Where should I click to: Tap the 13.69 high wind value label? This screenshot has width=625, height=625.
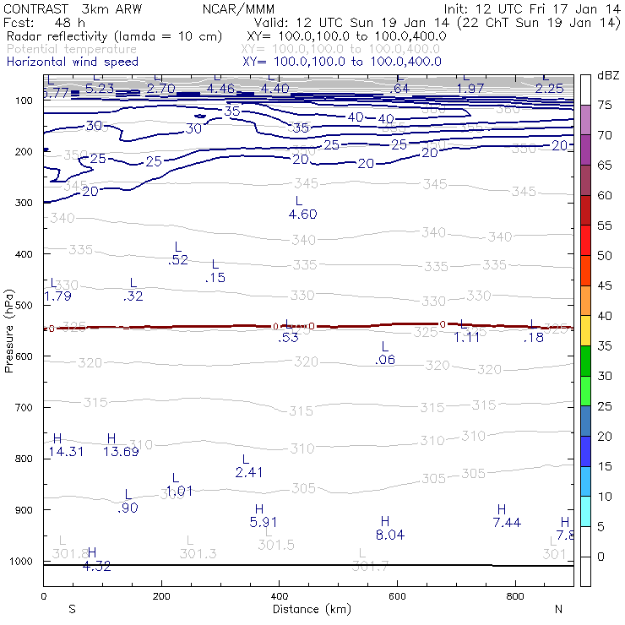[120, 452]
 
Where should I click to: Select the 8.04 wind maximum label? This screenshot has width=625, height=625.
[390, 535]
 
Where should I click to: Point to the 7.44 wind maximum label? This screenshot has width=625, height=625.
[507, 523]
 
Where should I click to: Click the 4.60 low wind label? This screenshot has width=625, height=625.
[302, 215]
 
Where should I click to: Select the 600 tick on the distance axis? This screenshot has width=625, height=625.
[397, 595]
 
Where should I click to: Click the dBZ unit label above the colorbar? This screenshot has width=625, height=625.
[608, 75]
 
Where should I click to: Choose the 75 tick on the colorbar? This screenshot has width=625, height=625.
[605, 106]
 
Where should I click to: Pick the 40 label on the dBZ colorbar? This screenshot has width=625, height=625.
[605, 316]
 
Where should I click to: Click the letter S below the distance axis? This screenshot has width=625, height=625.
[73, 609]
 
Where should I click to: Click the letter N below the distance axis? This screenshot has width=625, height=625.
[558, 609]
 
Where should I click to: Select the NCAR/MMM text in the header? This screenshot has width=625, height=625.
[238, 9]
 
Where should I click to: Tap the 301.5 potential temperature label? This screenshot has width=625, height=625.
[276, 546]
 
